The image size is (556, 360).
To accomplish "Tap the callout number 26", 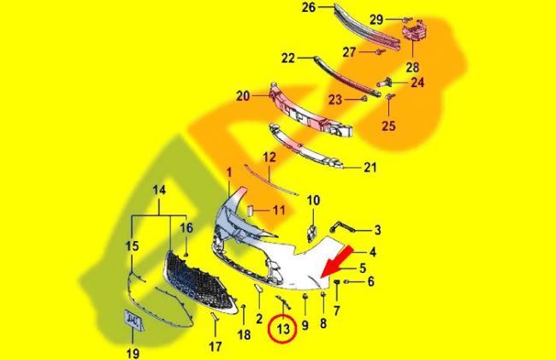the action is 309,8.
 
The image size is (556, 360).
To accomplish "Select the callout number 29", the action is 376,20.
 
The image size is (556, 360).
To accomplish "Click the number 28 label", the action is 412,67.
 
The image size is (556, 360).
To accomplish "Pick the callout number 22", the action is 288,58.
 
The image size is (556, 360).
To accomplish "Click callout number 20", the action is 243,96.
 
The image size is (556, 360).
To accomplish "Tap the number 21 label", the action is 370,167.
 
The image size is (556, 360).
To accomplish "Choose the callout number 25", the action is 388,126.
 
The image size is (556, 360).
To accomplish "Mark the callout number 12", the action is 269,157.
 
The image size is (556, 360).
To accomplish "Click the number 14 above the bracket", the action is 159,191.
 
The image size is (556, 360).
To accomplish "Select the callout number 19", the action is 133,353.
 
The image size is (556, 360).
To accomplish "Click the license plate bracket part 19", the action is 133,320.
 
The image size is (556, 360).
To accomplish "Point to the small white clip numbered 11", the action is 249,210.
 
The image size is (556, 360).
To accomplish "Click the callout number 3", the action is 377,230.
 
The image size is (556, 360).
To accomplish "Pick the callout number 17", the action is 216,346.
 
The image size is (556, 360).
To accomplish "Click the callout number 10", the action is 313,200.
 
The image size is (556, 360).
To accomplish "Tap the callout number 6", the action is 370,281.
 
